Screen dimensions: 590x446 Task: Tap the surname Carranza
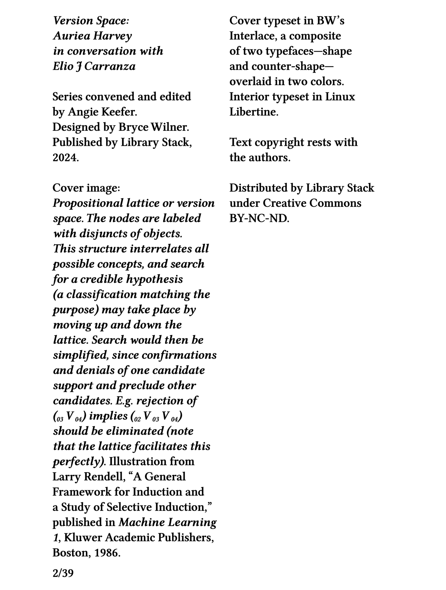pos(110,66)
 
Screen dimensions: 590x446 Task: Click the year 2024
pos(65,157)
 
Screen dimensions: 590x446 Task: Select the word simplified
pos(81,355)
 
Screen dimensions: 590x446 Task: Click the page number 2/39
pos(63,573)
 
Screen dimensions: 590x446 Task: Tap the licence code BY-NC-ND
pos(259,218)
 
